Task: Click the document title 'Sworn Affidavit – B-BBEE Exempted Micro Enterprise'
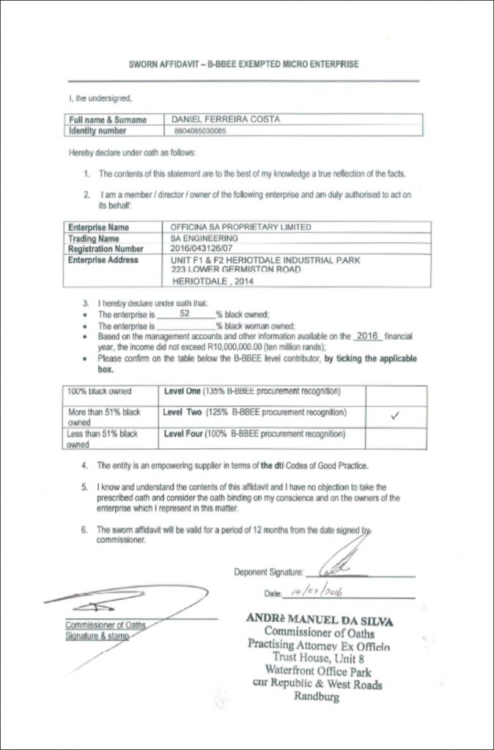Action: tap(243, 64)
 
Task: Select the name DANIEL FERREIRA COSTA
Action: tap(225, 119)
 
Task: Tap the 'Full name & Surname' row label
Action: tap(108, 119)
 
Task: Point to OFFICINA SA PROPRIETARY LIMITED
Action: tap(240, 227)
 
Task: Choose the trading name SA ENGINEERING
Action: tap(204, 238)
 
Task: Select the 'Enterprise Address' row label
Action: tap(103, 260)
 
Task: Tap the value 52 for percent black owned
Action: tap(185, 312)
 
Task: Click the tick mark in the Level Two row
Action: tap(395, 416)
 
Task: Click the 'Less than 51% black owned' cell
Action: tap(103, 438)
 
